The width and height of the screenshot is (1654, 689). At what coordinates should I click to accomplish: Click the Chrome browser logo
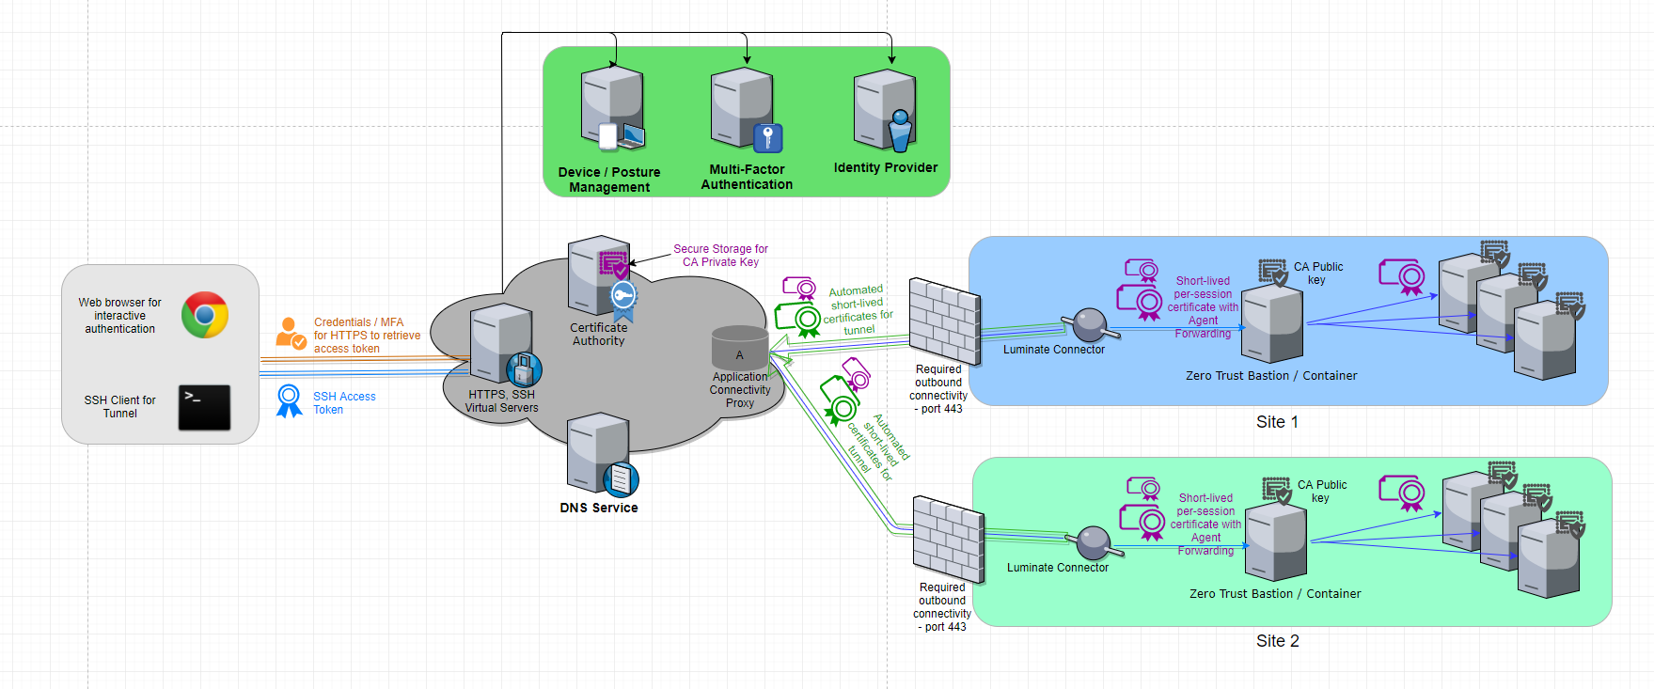coord(205,315)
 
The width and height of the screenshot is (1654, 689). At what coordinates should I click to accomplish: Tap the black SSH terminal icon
coord(204,408)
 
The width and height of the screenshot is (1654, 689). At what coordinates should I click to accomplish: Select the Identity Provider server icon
coord(884,111)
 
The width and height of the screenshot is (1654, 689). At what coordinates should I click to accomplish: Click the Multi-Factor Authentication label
coord(747,177)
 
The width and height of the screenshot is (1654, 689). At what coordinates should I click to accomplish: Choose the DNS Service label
coord(599,508)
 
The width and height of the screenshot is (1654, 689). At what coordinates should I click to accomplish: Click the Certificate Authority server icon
coord(599,275)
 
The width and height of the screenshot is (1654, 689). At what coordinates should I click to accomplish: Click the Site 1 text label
coord(1277,422)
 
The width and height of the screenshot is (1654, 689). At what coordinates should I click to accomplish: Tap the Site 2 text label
coord(1277,641)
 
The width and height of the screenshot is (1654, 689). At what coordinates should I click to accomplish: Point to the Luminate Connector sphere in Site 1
coord(1090,325)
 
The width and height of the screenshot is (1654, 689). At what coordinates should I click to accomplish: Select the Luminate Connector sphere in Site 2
coord(1094,542)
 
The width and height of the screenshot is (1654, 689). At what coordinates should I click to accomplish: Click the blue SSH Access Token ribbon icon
coord(289,400)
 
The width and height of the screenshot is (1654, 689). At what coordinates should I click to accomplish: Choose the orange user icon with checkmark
coord(290,334)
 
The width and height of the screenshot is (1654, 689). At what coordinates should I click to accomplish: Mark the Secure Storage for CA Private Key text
coord(720,256)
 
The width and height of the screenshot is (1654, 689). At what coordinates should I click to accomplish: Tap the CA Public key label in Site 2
coord(1321,492)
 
